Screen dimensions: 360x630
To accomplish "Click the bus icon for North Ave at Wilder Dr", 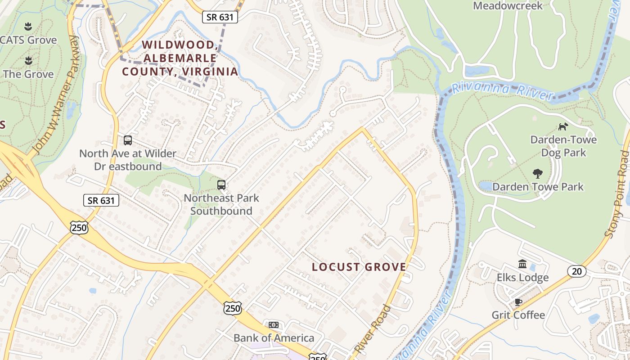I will tap(128, 140).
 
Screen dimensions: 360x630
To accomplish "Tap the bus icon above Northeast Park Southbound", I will tap(221, 185).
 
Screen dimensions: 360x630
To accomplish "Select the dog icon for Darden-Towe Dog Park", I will tap(563, 126).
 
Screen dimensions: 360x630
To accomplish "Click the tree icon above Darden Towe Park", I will tap(537, 173).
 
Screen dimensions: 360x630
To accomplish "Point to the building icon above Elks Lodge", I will tap(522, 264).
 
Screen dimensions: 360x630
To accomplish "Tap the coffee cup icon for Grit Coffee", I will tap(518, 301).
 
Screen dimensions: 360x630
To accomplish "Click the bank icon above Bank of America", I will tap(273, 325).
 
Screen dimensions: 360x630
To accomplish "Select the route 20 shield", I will tap(576, 271).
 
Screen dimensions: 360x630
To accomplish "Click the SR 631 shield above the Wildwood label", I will tap(220, 17).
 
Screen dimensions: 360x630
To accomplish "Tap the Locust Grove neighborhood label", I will tap(359, 267).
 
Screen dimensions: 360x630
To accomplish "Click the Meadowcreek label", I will tap(508, 6).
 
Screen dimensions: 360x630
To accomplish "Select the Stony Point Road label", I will tap(618, 193).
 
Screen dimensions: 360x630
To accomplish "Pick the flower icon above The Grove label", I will tap(28, 60).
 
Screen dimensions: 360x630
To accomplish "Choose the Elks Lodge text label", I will tap(522, 278).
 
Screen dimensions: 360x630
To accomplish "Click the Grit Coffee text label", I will tap(518, 315).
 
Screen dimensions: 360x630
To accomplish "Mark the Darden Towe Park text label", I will tap(538, 187).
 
